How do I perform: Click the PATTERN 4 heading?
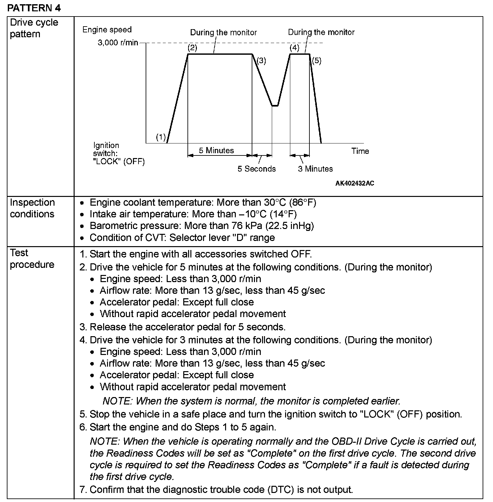click(x=34, y=8)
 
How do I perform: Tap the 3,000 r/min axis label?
click(x=118, y=43)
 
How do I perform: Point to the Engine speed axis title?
click(x=107, y=30)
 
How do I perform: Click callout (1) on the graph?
click(x=161, y=137)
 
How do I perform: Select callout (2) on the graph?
click(x=192, y=48)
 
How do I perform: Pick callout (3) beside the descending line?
click(x=261, y=61)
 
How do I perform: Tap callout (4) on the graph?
click(x=295, y=48)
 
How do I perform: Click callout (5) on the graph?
click(x=317, y=61)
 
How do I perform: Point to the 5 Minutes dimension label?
click(x=216, y=150)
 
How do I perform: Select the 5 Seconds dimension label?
click(x=257, y=169)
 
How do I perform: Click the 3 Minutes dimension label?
click(x=315, y=169)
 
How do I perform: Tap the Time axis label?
click(x=360, y=151)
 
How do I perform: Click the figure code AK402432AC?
click(x=355, y=183)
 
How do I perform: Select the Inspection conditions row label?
click(x=32, y=208)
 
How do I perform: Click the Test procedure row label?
click(x=32, y=258)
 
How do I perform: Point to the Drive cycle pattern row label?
click(x=34, y=28)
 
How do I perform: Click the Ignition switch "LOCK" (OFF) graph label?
click(x=119, y=153)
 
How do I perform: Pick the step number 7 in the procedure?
click(x=82, y=489)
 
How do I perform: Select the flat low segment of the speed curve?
click(x=275, y=106)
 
